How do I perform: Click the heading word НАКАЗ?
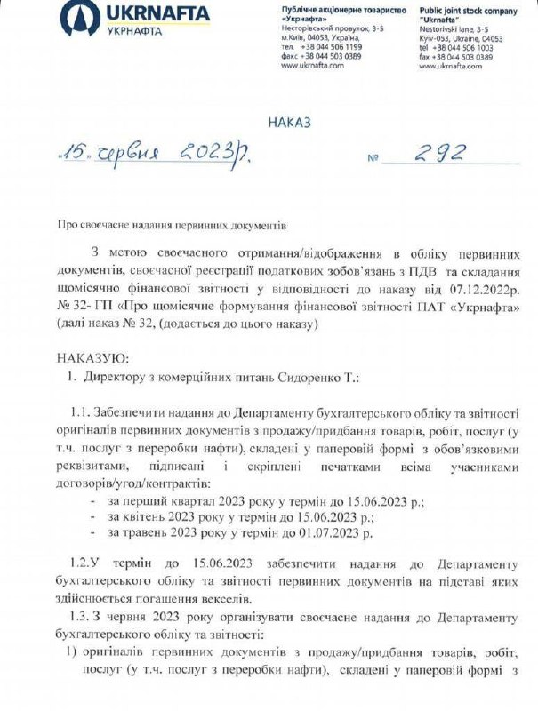point(289,123)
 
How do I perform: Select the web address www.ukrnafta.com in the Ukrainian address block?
point(310,65)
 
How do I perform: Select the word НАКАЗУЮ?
point(92,357)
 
